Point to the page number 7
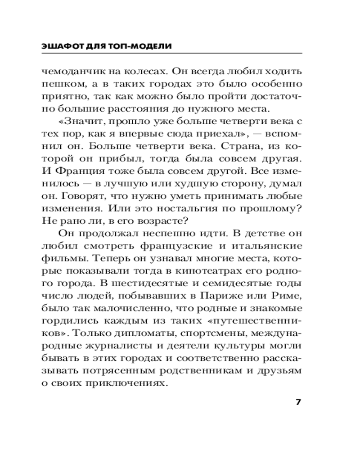coord(297,402)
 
